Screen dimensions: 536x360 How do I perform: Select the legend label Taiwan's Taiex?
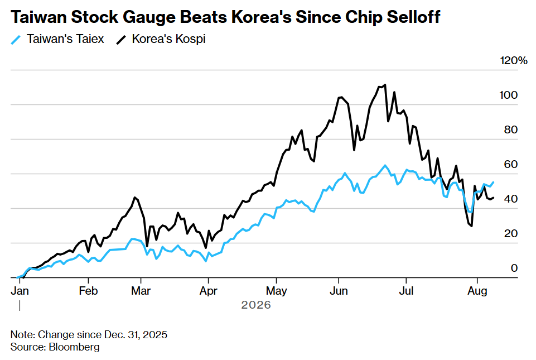click(65, 39)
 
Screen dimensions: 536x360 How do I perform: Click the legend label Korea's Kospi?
click(168, 39)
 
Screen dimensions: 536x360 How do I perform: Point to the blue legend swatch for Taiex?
click(16, 40)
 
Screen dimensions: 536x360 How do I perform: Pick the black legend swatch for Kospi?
click(121, 40)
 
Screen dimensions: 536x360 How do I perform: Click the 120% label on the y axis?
click(514, 61)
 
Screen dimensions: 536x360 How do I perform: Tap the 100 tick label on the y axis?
click(508, 95)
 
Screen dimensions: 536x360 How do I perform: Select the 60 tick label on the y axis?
click(511, 164)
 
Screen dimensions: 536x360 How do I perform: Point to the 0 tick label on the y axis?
click(514, 268)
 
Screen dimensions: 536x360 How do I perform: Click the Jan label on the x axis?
click(20, 291)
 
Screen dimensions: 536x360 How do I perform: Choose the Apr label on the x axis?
click(209, 291)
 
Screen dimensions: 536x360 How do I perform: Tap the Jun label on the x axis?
click(339, 291)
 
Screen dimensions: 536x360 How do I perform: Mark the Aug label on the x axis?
click(477, 291)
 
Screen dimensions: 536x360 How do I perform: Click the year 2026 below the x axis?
click(256, 305)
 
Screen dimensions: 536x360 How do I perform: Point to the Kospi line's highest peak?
click(385, 84)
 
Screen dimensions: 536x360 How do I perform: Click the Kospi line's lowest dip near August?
click(471, 226)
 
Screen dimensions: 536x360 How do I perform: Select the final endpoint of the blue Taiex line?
click(493, 183)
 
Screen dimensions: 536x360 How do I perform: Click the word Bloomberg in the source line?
click(74, 347)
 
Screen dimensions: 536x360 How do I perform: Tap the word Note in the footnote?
click(22, 334)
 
